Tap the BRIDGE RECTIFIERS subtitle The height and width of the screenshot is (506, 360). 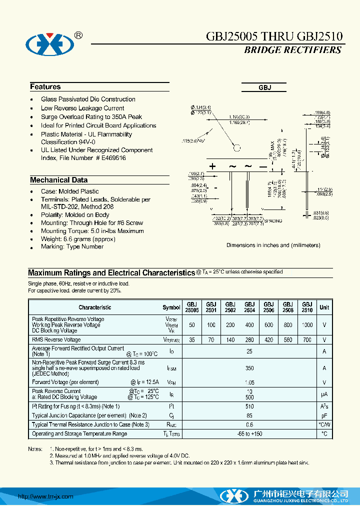pyautogui.click(x=292, y=50)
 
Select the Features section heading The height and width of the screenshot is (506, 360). pyautogui.click(x=45, y=87)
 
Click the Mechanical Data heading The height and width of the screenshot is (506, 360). pyautogui.click(x=58, y=180)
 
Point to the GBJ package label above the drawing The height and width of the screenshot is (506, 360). pyautogui.click(x=264, y=87)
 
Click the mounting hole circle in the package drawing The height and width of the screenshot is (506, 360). pyautogui.click(x=237, y=147)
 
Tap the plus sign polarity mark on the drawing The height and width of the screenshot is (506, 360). pyautogui.click(x=213, y=166)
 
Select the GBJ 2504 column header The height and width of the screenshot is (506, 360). pyautogui.click(x=249, y=307)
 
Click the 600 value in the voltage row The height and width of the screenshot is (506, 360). pyautogui.click(x=268, y=325)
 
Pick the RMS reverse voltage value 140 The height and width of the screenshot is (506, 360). pyautogui.click(x=230, y=340)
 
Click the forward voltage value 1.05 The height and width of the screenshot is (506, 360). pyautogui.click(x=249, y=382)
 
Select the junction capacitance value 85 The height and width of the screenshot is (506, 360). pyautogui.click(x=249, y=415)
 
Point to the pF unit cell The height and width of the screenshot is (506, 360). pyautogui.click(x=324, y=415)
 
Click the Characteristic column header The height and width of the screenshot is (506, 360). pyautogui.click(x=95, y=307)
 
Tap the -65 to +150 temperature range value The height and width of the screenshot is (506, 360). pyautogui.click(x=249, y=433)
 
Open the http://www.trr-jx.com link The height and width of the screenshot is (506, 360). pyautogui.click(x=46, y=496)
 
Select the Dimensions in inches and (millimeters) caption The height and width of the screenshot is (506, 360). pyautogui.click(x=273, y=245)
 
